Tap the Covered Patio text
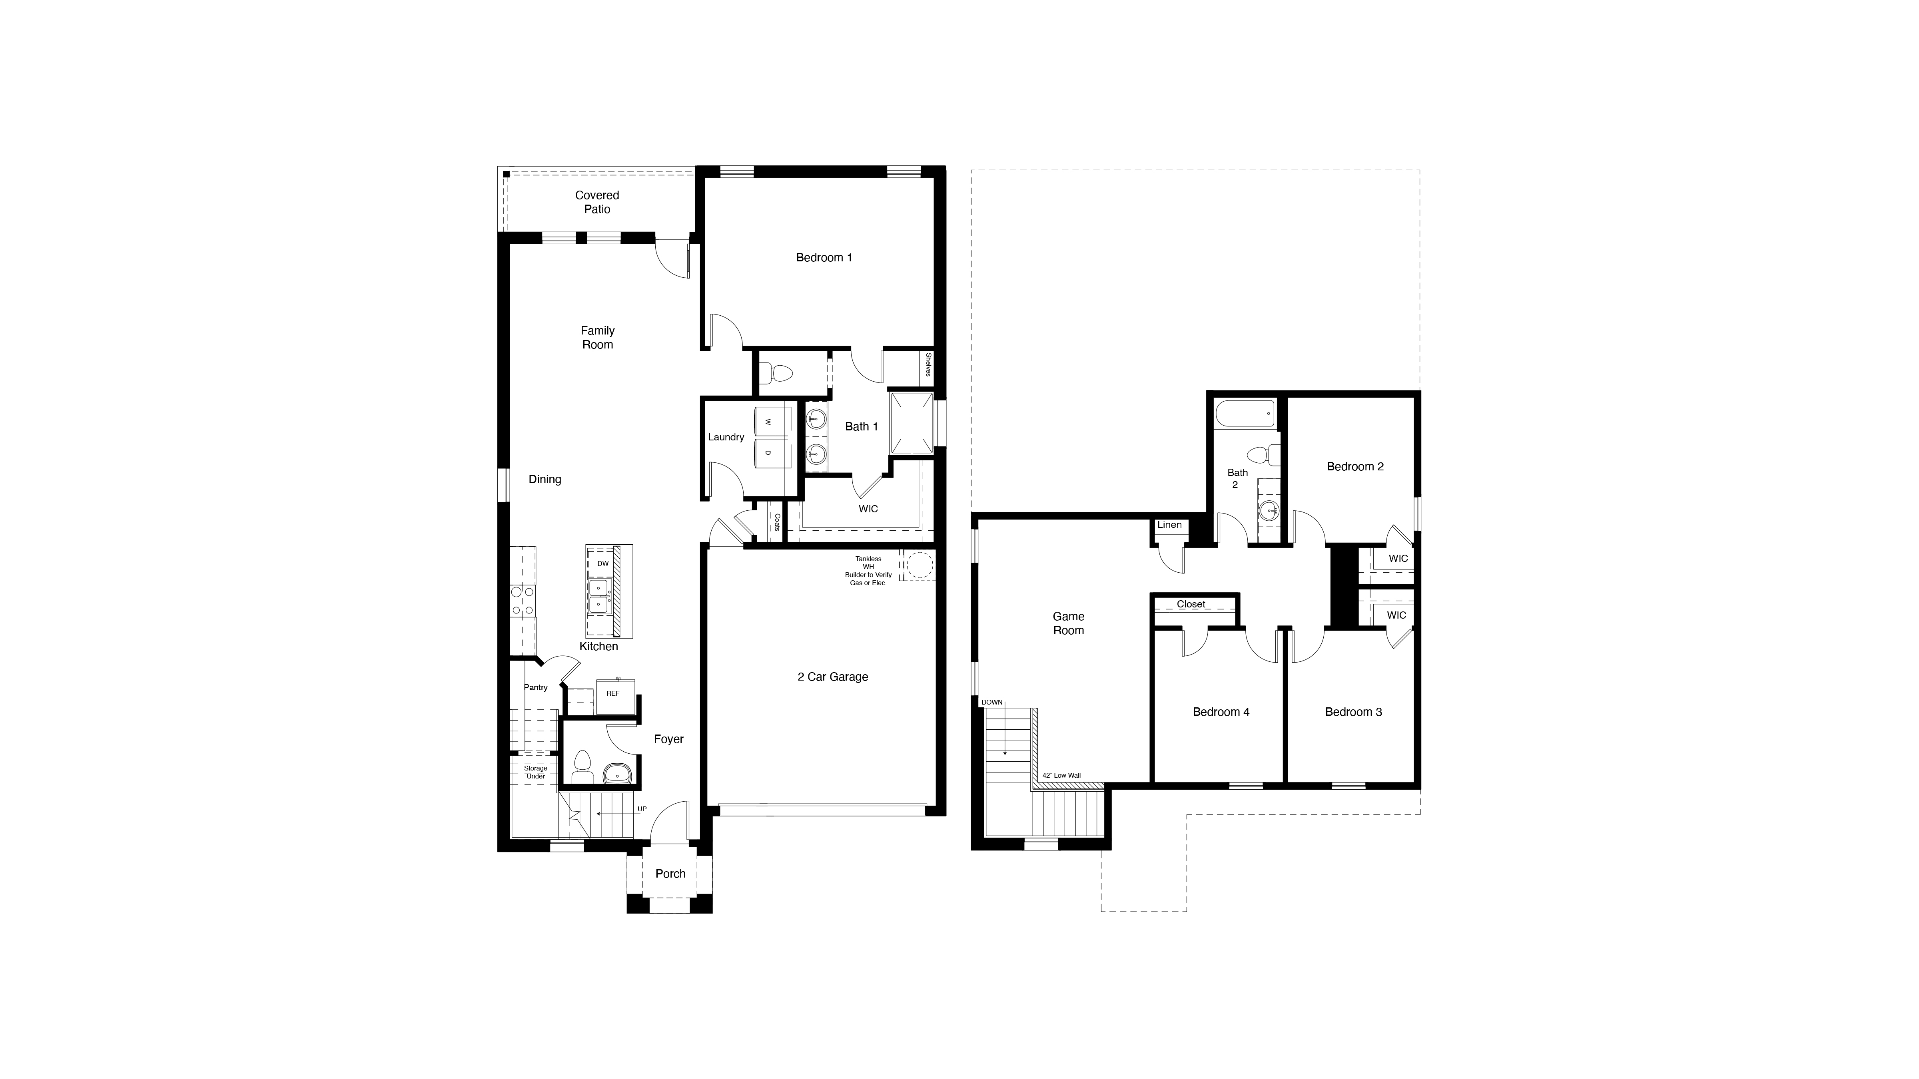[x=597, y=202]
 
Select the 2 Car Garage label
[x=832, y=677]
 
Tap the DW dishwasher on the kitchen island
[x=602, y=564]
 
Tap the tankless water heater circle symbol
[x=919, y=565]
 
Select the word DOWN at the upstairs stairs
[x=991, y=702]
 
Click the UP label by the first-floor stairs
[x=641, y=809]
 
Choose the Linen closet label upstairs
[x=1169, y=525]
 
